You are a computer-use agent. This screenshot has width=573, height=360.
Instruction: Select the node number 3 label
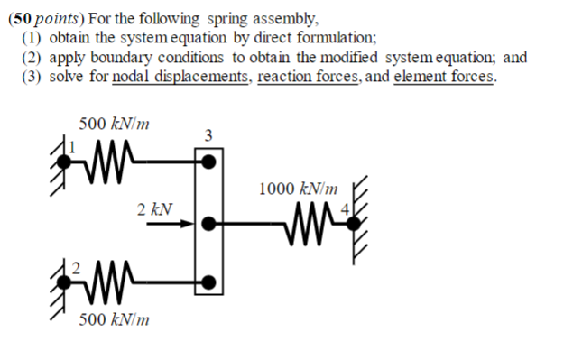click(208, 136)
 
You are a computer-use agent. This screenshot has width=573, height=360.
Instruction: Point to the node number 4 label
click(343, 212)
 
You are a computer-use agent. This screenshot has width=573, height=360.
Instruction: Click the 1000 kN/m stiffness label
click(299, 189)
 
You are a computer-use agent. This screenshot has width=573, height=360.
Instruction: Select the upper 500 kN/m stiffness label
click(114, 123)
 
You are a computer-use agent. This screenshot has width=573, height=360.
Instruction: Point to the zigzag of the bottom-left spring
click(109, 282)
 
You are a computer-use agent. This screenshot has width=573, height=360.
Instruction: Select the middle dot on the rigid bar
click(208, 222)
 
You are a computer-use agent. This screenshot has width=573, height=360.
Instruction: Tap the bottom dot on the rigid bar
click(208, 282)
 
